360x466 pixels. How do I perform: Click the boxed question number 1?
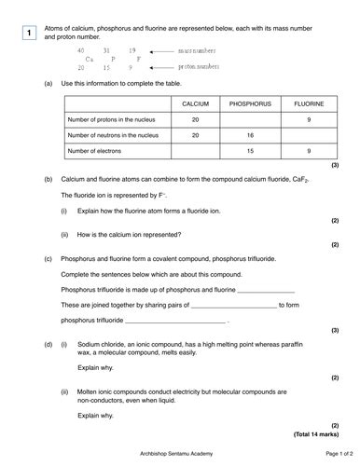click(31, 34)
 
